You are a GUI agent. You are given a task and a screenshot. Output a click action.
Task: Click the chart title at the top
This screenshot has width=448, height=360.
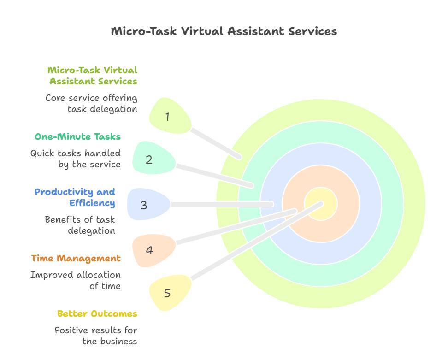click(x=224, y=31)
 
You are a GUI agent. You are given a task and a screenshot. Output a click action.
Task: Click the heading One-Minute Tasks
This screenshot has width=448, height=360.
click(x=77, y=136)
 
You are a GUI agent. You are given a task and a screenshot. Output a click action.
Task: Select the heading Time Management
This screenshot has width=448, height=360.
click(x=76, y=258)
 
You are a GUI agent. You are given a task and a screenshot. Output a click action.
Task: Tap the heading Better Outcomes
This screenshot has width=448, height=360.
click(x=97, y=313)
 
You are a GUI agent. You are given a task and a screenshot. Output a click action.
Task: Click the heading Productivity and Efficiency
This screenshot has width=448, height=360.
click(x=75, y=197)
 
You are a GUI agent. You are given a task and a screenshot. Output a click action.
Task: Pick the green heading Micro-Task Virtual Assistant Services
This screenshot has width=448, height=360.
click(x=93, y=76)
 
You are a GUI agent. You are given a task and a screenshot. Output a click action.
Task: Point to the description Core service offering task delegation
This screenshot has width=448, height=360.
click(x=91, y=103)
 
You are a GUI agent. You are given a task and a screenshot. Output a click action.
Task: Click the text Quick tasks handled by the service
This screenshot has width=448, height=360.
click(x=76, y=159)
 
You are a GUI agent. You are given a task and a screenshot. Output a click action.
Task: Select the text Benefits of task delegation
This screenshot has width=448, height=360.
click(x=80, y=225)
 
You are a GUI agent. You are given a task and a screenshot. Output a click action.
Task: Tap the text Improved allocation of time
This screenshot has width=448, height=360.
click(x=76, y=280)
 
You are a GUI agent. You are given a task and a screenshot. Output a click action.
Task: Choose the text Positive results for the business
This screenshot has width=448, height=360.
click(x=96, y=336)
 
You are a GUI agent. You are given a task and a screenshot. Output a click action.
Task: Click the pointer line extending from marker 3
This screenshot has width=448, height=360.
click(x=221, y=204)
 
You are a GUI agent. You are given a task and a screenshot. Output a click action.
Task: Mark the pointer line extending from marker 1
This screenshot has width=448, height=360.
click(x=216, y=143)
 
